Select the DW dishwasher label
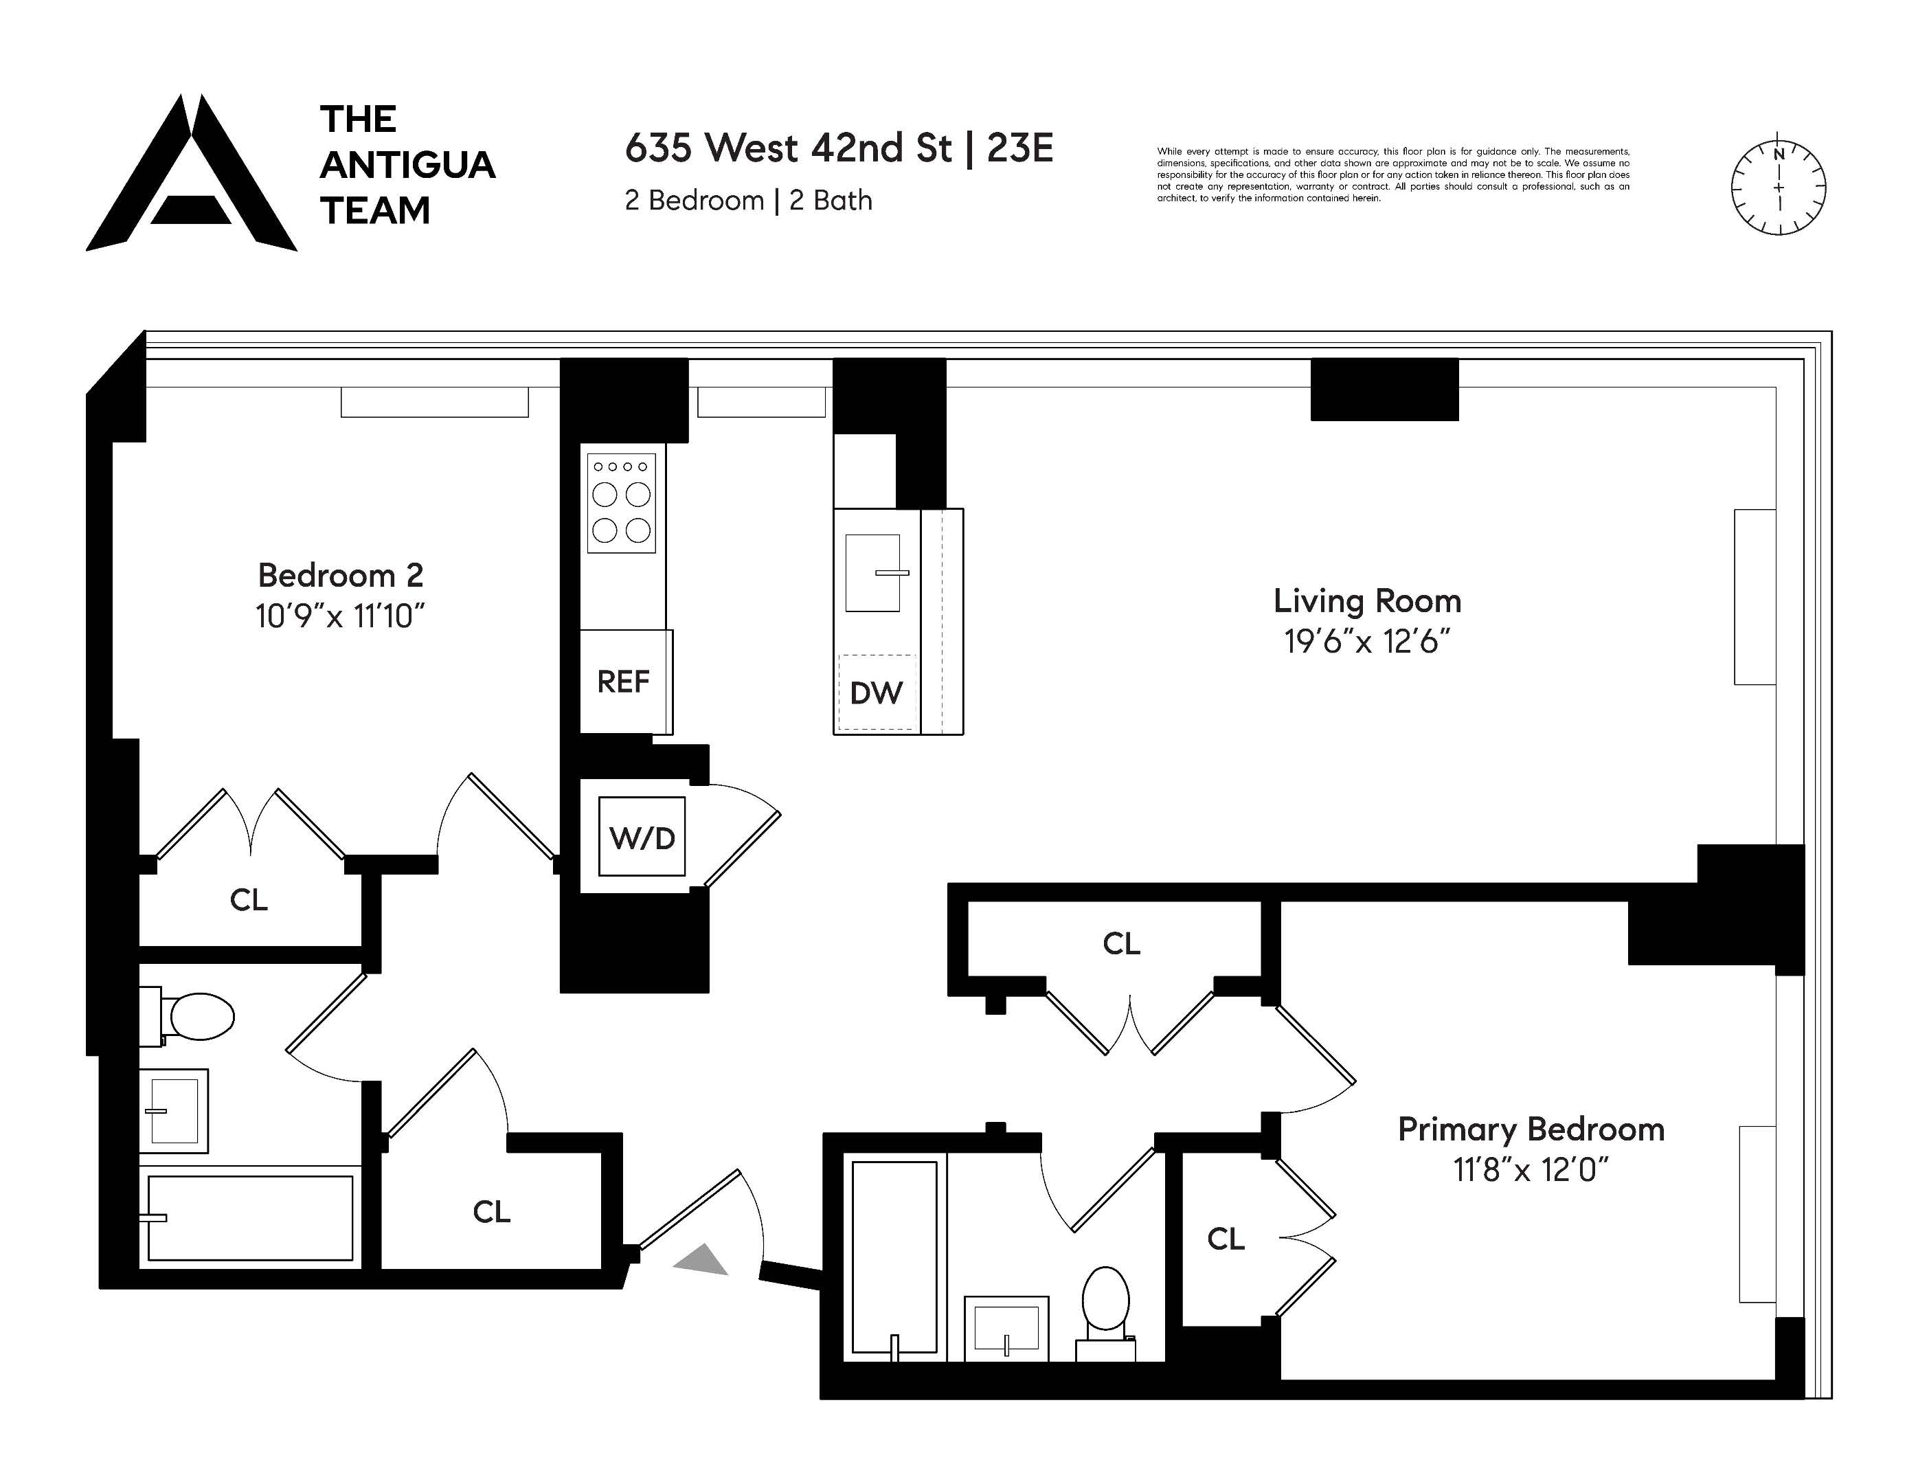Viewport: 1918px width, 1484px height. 876,693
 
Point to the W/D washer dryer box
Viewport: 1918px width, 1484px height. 642,837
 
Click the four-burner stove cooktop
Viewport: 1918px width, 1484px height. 621,503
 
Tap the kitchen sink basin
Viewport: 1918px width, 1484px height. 872,572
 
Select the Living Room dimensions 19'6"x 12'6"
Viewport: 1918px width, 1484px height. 1366,642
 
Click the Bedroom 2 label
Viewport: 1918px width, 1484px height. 341,575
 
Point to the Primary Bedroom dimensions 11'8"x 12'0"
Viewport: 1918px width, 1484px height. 1531,1169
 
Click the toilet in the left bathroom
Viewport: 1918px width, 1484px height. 198,1017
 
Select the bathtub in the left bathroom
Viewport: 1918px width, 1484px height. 250,1218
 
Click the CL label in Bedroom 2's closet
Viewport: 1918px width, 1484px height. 249,900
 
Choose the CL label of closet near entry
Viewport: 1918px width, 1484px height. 491,1212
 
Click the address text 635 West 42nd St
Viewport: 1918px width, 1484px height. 788,148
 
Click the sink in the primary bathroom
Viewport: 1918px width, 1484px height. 1006,1327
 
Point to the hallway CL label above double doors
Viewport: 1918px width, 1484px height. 1122,944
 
